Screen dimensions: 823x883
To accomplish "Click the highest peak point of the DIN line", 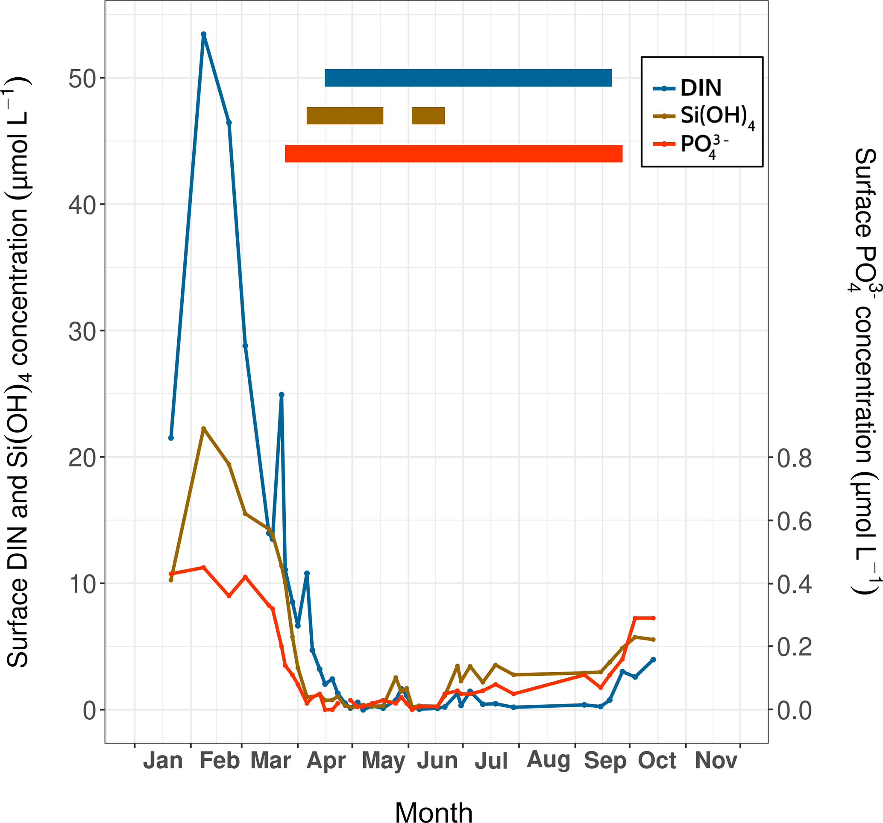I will pyautogui.click(x=203, y=34).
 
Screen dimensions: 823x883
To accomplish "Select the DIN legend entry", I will pyautogui.click(x=701, y=88).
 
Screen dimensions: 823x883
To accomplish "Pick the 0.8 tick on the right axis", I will pyautogui.click(x=794, y=458).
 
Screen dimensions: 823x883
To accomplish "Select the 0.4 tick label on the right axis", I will pyautogui.click(x=794, y=585).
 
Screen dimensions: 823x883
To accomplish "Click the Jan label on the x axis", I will pyautogui.click(x=163, y=761).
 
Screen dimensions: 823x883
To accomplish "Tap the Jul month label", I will pyautogui.click(x=491, y=761).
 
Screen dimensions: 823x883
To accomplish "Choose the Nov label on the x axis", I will pyautogui.click(x=716, y=761).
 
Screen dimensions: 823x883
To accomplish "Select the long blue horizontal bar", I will pyautogui.click(x=468, y=78).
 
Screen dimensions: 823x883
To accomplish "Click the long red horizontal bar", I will pyautogui.click(x=454, y=154).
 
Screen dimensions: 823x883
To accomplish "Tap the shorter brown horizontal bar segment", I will pyautogui.click(x=428, y=116).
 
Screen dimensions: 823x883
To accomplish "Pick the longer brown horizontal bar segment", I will pyautogui.click(x=345, y=116).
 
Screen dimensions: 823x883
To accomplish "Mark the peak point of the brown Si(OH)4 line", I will pyautogui.click(x=203, y=429).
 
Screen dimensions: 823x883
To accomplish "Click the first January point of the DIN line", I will pyautogui.click(x=171, y=438).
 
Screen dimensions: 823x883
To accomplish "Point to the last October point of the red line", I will pyautogui.click(x=653, y=618).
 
